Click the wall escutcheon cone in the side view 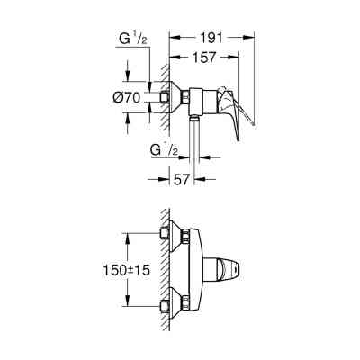pos(176,97)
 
